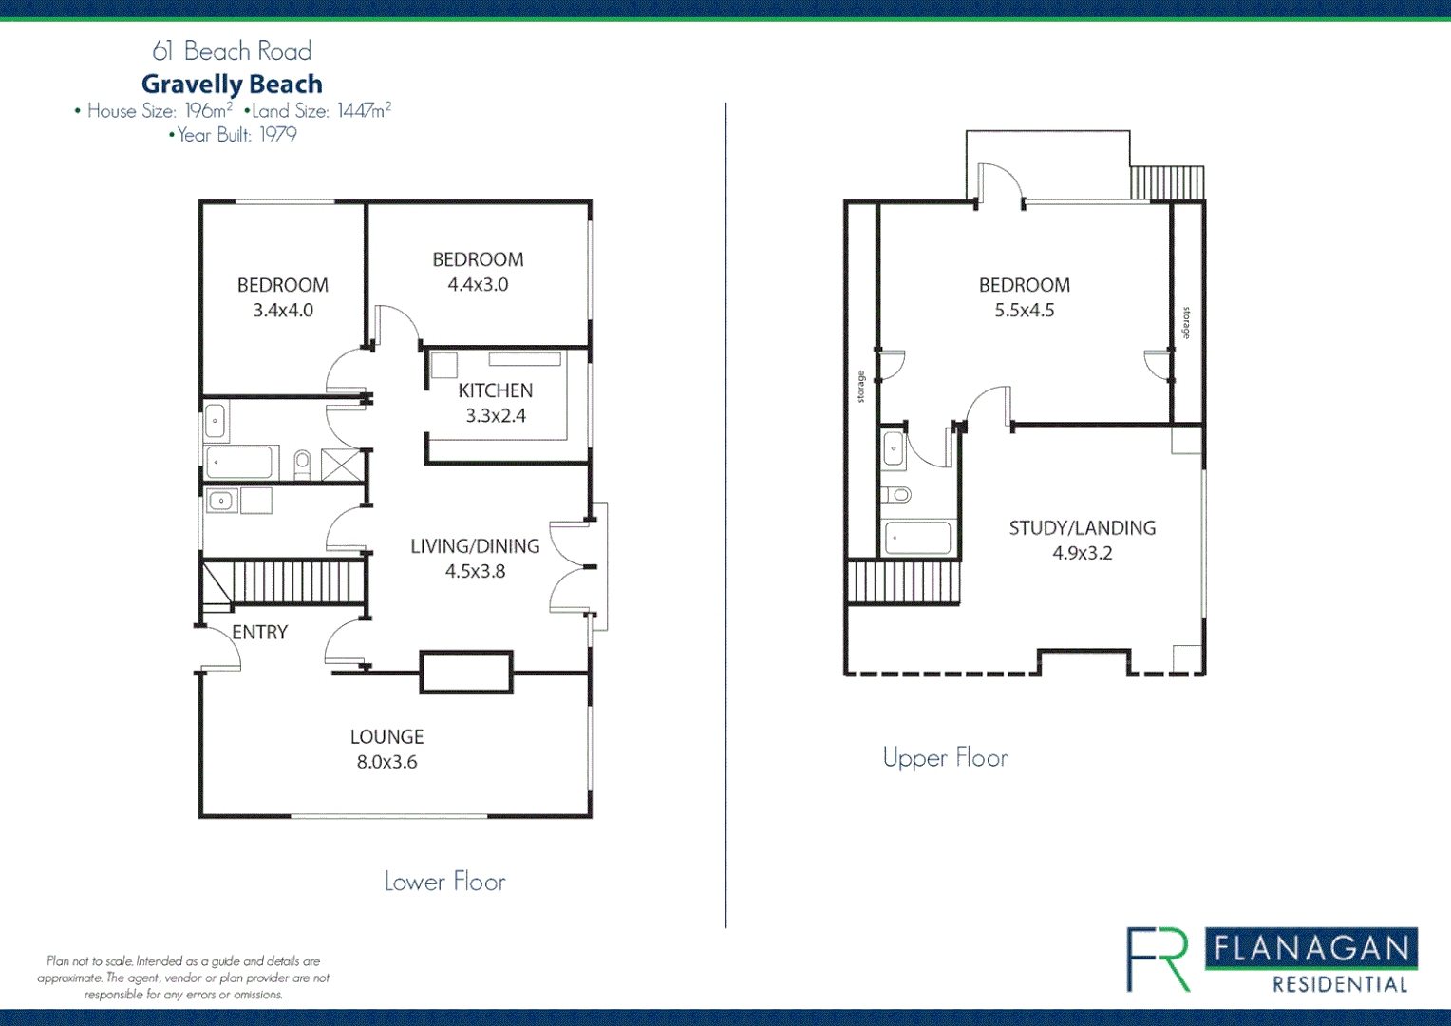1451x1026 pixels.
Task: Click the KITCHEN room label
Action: pyautogui.click(x=495, y=390)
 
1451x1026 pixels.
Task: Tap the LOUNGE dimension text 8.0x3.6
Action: pyautogui.click(x=386, y=762)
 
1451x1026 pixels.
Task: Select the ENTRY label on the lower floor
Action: pyautogui.click(x=259, y=633)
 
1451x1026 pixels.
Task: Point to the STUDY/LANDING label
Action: pyautogui.click(x=1082, y=528)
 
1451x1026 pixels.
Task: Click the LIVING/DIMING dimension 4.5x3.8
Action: pyautogui.click(x=475, y=571)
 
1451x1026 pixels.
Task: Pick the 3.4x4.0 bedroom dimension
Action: pyautogui.click(x=283, y=310)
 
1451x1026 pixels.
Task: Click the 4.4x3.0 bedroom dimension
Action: pyautogui.click(x=478, y=284)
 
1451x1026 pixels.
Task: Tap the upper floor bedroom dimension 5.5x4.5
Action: pyautogui.click(x=1024, y=310)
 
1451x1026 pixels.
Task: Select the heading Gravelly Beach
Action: pyautogui.click(x=232, y=84)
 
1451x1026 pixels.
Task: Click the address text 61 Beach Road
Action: pyautogui.click(x=232, y=50)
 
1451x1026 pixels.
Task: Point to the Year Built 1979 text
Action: pyautogui.click(x=233, y=135)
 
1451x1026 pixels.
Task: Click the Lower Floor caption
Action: pyautogui.click(x=444, y=882)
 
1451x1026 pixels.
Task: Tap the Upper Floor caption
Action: pyautogui.click(x=945, y=758)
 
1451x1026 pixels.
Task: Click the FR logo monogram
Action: pyautogui.click(x=1158, y=959)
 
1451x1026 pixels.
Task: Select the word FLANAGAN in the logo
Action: pyautogui.click(x=1311, y=948)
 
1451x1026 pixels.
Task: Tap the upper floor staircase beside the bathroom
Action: pyautogui.click(x=903, y=581)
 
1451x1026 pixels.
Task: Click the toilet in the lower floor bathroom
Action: pyautogui.click(x=302, y=463)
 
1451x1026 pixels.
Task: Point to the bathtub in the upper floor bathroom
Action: pyautogui.click(x=917, y=538)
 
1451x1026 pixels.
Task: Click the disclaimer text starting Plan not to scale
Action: pyautogui.click(x=183, y=978)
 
